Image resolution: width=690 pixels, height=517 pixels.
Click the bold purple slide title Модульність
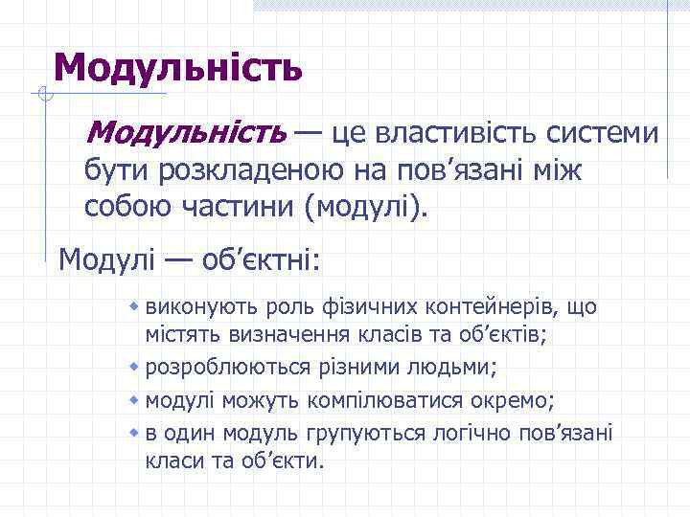click(x=178, y=67)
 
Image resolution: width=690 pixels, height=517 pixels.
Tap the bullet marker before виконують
click(x=136, y=306)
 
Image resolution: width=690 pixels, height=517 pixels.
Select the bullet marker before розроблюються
click(x=136, y=367)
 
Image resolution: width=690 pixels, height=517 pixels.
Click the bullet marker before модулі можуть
click(x=136, y=398)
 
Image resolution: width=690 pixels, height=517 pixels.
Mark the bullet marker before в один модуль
click(x=136, y=432)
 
